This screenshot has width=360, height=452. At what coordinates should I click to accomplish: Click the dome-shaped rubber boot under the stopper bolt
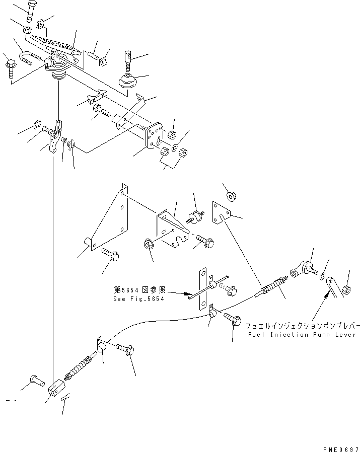(128, 81)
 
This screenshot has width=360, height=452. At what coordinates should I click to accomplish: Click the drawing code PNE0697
(341, 449)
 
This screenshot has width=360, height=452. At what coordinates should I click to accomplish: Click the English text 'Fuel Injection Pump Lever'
(302, 335)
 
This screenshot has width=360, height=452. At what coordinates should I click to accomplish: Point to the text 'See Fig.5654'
(139, 299)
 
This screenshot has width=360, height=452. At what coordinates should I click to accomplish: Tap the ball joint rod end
(304, 269)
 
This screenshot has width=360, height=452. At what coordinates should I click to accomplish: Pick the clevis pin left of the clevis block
(37, 381)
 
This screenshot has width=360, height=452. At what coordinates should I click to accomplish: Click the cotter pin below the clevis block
(65, 397)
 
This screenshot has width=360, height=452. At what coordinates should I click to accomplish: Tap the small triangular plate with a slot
(222, 212)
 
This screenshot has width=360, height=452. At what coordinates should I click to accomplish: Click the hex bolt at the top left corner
(31, 11)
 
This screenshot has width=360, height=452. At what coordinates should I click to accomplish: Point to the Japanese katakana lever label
(303, 326)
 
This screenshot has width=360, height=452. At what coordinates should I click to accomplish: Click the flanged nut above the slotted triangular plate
(231, 196)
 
